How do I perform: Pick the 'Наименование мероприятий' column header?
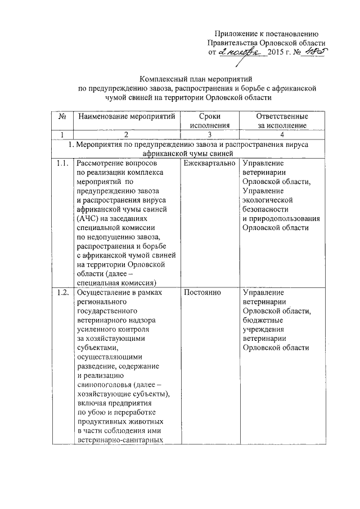[x=126, y=116]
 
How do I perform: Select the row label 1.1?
[x=62, y=164]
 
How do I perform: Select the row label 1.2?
[x=62, y=293]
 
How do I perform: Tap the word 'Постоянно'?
[x=202, y=293]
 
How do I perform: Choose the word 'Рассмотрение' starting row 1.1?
[x=102, y=164]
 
